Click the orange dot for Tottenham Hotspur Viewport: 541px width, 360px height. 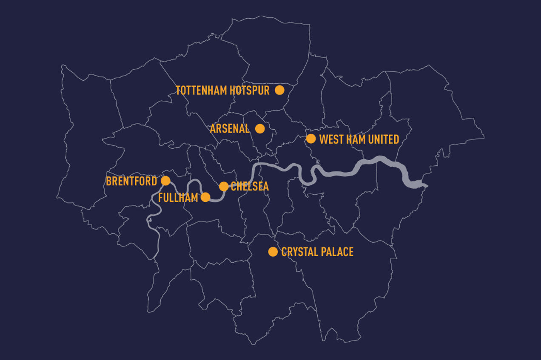279,90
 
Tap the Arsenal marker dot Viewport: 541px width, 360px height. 260,128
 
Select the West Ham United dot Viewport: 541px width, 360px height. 311,139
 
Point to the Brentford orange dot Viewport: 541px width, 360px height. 166,181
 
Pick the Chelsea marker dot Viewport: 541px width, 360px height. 224,186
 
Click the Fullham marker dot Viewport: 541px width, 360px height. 205,197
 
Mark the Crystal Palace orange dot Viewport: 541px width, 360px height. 273,252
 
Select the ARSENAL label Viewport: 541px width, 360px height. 230,129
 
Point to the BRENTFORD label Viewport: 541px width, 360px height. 131,181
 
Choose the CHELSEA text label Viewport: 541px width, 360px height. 250,187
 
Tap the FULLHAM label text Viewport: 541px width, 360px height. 178,198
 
